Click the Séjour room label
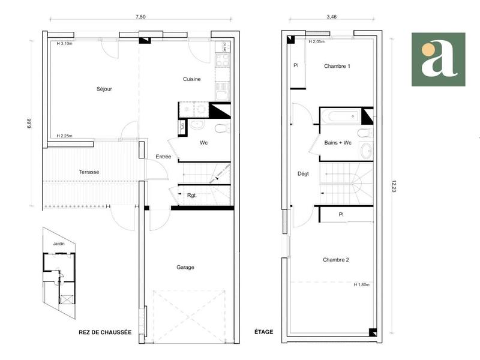[x=104, y=89]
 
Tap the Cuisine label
[x=192, y=79]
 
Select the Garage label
[x=185, y=268]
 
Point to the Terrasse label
[x=89, y=172]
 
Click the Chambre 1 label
[x=337, y=66]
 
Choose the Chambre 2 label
[x=336, y=260]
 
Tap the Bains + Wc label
[x=338, y=143]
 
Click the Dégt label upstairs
[x=303, y=174]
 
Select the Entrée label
[x=164, y=157]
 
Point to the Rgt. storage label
[x=192, y=195]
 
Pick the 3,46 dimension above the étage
[x=332, y=17]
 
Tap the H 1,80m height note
[x=362, y=284]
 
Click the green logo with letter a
[x=438, y=59]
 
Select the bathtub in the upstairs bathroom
[x=340, y=115]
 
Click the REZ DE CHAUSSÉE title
[x=105, y=332]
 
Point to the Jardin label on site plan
[x=58, y=244]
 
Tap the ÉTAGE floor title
[x=263, y=332]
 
